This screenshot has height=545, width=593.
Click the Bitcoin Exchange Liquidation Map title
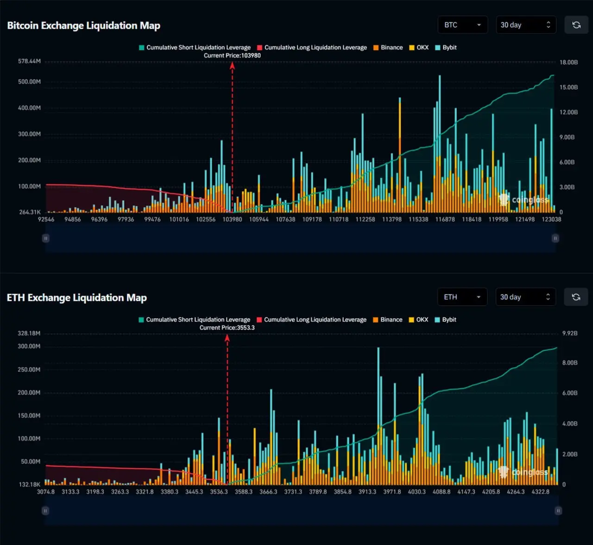coord(84,26)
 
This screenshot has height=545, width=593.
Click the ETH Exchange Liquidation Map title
coord(77,298)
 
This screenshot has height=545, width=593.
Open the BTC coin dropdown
coord(462,25)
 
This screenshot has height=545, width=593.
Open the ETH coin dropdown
coord(462,297)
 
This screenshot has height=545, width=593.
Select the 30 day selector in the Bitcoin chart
coord(525,25)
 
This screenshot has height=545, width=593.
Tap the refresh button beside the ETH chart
coord(576,297)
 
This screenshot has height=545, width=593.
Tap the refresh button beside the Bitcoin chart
coord(576,25)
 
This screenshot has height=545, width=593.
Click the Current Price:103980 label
coord(232,56)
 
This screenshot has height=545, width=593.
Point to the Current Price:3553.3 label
coord(227,328)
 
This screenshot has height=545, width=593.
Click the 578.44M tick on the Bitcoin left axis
coord(29,61)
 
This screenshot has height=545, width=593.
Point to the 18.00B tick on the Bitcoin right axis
coord(568,62)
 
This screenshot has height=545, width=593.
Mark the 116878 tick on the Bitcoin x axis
coord(445,219)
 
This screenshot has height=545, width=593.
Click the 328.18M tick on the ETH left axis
coord(29,333)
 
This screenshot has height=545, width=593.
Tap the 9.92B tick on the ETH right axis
coord(569,333)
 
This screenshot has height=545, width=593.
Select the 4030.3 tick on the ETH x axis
coord(416,492)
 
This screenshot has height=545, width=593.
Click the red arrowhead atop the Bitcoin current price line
coord(232,65)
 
